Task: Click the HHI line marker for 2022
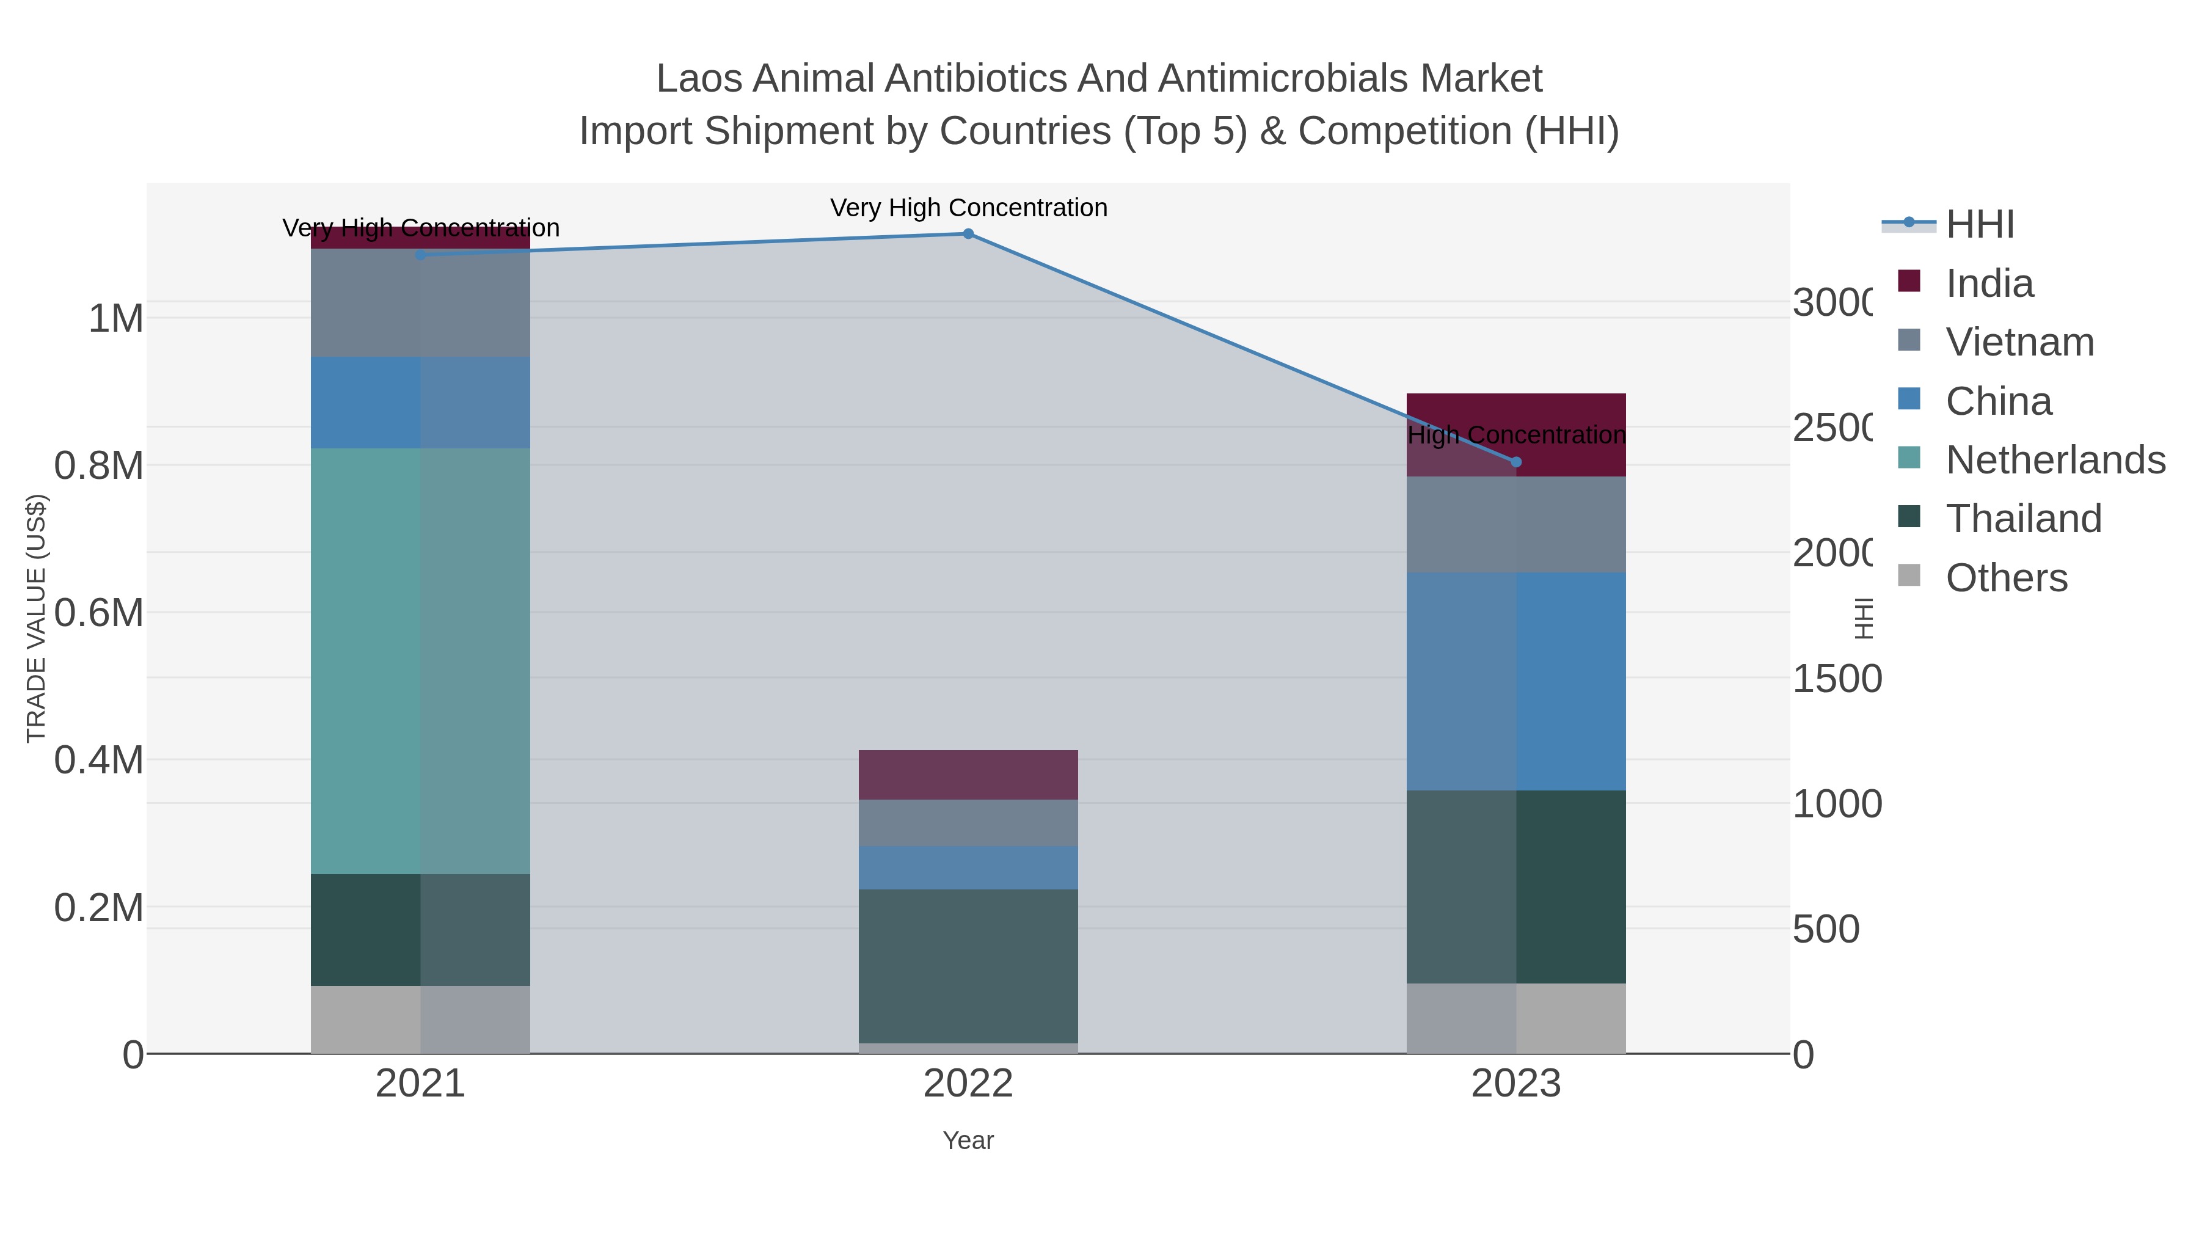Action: tap(968, 234)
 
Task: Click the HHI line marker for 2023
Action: tap(1516, 462)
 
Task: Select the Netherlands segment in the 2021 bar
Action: tap(420, 661)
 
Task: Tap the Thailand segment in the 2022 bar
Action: tap(968, 966)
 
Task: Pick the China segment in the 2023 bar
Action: tap(1516, 681)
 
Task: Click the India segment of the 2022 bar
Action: tap(968, 775)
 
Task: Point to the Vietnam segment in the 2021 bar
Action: tap(420, 303)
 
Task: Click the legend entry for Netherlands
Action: tap(2055, 460)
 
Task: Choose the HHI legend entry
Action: tap(1980, 225)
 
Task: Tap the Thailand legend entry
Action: tap(2023, 519)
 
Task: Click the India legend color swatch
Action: tap(1909, 281)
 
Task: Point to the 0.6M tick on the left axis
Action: tap(98, 613)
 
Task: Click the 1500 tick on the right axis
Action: tap(1836, 679)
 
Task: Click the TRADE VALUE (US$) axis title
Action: tap(36, 618)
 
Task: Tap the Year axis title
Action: tap(968, 1140)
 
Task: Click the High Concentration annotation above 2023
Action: tap(1516, 436)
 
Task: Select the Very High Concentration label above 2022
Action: tap(968, 208)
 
